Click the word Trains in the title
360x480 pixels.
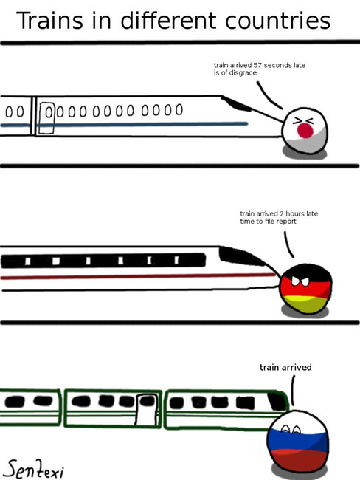click(49, 21)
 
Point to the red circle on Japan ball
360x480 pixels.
click(305, 131)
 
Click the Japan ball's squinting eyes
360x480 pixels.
click(302, 121)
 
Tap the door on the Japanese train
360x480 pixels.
click(46, 118)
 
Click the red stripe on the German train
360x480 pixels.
click(138, 276)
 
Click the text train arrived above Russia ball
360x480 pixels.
click(285, 367)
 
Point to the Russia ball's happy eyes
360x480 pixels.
click(290, 429)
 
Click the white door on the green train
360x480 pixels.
click(147, 410)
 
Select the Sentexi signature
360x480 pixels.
click(35, 469)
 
